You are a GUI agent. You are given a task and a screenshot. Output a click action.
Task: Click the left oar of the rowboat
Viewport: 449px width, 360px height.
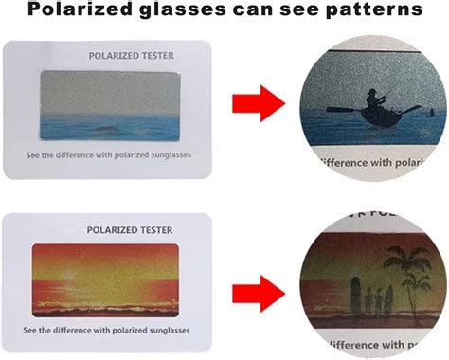[x=341, y=110]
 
